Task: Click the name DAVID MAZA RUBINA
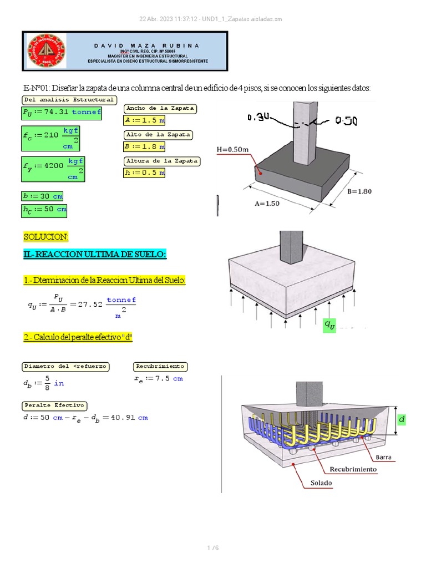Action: [x=146, y=45]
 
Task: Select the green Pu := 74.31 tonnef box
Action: [x=62, y=113]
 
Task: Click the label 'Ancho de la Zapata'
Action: [x=160, y=108]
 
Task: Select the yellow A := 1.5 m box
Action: [x=144, y=120]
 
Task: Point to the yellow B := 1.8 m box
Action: [x=144, y=146]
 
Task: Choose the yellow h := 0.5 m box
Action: [x=144, y=173]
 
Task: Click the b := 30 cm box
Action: [x=43, y=196]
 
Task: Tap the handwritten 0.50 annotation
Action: [x=346, y=121]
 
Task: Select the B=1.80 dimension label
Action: [x=359, y=192]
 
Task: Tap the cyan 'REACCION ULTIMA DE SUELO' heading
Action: [x=94, y=254]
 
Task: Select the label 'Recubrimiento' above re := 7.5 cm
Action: [x=160, y=367]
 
